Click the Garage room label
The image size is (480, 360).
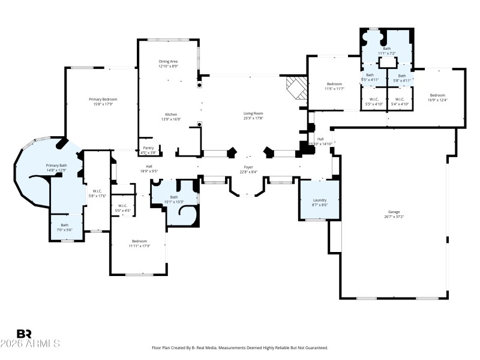394,212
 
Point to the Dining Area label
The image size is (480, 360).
168,61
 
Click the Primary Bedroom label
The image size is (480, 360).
103,99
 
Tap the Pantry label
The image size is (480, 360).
147,148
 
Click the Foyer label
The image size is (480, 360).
248,166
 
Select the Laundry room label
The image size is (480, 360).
319,200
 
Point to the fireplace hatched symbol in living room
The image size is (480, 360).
295,87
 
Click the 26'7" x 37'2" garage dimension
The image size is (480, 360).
394,217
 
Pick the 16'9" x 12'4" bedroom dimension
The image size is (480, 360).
437,100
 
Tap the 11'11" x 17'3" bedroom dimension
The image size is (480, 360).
139,246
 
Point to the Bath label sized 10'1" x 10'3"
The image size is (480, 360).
174,197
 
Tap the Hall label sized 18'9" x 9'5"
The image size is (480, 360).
149,166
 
